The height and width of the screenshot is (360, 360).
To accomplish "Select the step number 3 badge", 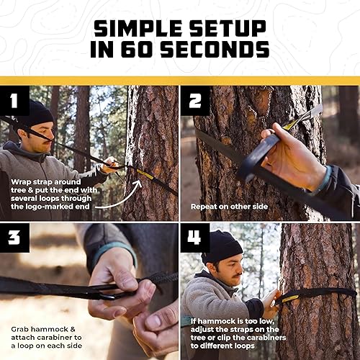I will coord(14,238).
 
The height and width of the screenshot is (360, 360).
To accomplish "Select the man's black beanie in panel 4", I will coord(221,247).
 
